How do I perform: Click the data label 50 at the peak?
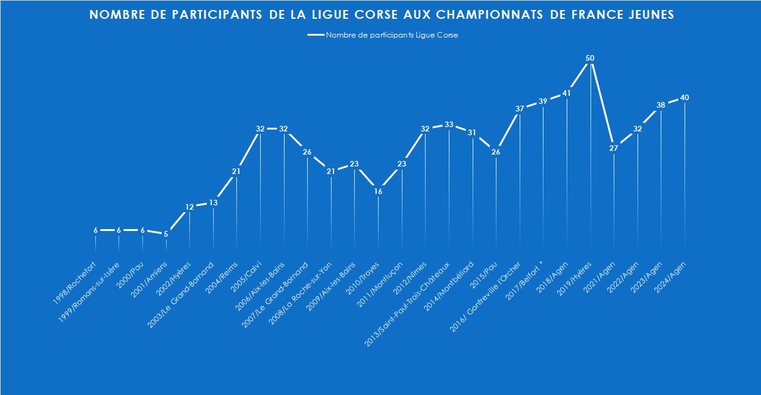pyautogui.click(x=590, y=58)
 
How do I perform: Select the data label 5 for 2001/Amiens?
pyautogui.click(x=166, y=234)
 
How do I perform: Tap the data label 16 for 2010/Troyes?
pyautogui.click(x=378, y=192)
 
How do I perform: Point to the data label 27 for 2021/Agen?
pyautogui.click(x=614, y=148)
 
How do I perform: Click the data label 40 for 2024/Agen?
pyautogui.click(x=685, y=98)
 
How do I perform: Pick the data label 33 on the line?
pyautogui.click(x=449, y=125)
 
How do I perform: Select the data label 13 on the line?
pyautogui.click(x=213, y=203)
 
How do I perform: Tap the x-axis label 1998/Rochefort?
pyautogui.click(x=75, y=274)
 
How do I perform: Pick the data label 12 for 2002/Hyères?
pyautogui.click(x=190, y=207)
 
